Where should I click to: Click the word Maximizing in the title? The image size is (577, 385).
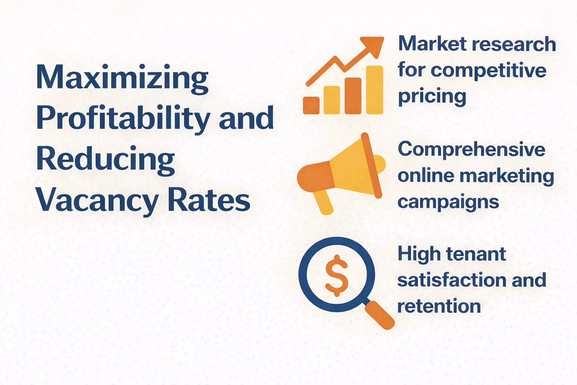[x=122, y=78]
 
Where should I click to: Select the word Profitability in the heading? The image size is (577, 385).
[x=123, y=118]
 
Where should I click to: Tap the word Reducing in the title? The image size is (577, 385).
[x=106, y=159]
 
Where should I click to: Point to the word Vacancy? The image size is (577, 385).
[x=97, y=201]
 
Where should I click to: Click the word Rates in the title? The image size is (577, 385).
[x=208, y=200]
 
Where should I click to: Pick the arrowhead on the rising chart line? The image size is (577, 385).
[x=373, y=45]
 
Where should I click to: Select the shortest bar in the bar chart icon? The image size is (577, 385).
[x=311, y=105]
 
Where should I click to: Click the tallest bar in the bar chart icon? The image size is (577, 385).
[x=375, y=90]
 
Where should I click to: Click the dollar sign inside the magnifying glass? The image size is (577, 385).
[x=337, y=275]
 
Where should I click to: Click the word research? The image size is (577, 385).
[x=508, y=44]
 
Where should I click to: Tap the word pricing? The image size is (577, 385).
[x=432, y=97]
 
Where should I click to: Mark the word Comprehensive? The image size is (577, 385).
[x=471, y=150]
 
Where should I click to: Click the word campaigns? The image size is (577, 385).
[x=448, y=202]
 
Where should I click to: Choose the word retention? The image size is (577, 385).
[x=439, y=306]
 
